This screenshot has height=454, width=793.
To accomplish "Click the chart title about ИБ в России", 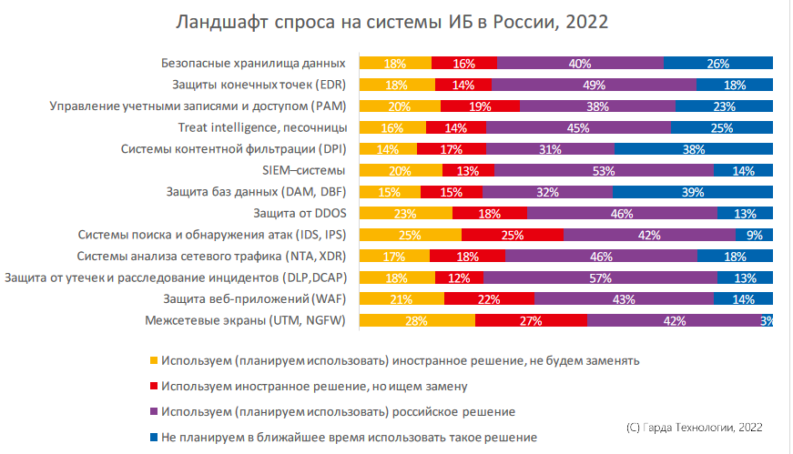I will click(x=392, y=22).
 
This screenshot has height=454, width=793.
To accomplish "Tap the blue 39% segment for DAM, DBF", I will click(x=692, y=192).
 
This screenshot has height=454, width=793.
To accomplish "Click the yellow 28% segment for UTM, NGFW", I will click(x=418, y=320).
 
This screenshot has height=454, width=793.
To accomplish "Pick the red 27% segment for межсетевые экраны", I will click(x=531, y=320).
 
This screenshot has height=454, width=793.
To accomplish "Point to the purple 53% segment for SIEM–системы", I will click(x=604, y=170).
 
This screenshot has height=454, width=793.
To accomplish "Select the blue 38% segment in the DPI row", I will click(x=694, y=149).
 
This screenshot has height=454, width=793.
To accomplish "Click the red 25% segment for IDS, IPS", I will click(x=513, y=235).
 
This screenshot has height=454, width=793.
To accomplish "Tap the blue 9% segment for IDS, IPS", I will click(x=755, y=235).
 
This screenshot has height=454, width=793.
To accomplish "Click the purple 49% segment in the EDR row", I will click(x=595, y=86).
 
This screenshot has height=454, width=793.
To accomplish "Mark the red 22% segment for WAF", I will click(x=489, y=298).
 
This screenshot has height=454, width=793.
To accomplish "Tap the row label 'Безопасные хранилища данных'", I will click(x=253, y=64).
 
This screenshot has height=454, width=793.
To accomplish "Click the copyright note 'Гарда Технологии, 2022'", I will click(x=695, y=426).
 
